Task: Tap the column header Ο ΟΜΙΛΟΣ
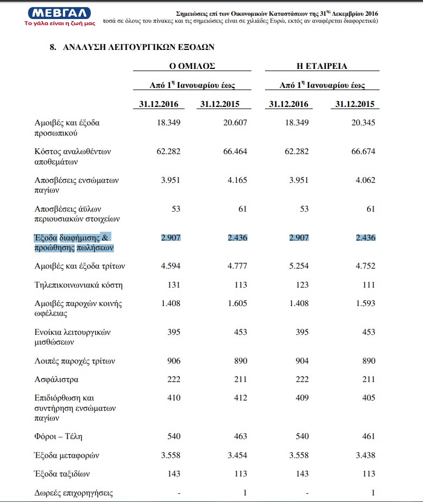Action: [x=192, y=66]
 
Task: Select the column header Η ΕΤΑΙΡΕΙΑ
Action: [x=322, y=66]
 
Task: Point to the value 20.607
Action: [x=235, y=123]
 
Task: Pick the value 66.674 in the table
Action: [x=363, y=151]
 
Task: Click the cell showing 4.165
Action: [x=237, y=180]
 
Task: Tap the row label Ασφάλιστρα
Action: [x=56, y=379]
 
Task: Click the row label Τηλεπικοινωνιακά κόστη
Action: [x=78, y=284]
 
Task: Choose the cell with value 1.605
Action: [x=237, y=303]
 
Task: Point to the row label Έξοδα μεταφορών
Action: [x=67, y=455]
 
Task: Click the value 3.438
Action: [x=365, y=455]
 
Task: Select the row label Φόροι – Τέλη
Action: [x=58, y=436]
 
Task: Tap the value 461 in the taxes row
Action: [x=368, y=436]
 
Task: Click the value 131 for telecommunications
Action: [x=174, y=284]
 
